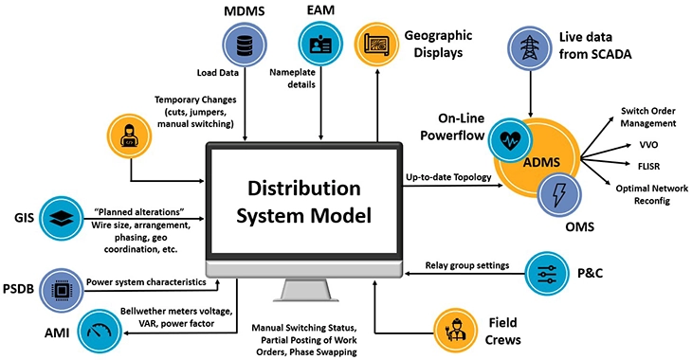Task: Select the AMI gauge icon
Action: click(x=100, y=331)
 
